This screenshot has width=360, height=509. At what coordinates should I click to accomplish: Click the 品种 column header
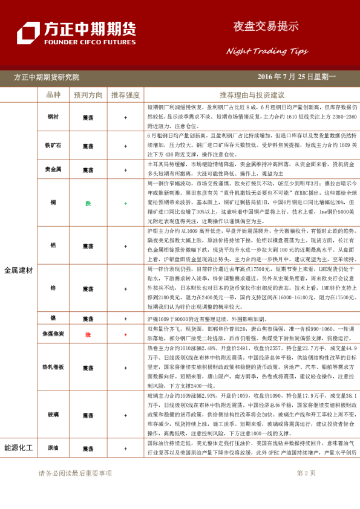coord(53,95)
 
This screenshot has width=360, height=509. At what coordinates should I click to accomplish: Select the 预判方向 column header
coord(88,95)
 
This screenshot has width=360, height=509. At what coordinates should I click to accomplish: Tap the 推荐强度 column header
coord(125,95)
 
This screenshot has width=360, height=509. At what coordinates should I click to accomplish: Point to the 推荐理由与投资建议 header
coord(252,95)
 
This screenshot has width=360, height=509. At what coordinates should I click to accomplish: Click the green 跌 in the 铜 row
coord(88,204)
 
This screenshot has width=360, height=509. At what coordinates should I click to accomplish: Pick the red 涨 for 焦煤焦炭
coord(88,334)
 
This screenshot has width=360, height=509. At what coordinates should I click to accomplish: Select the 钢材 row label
coord(53,116)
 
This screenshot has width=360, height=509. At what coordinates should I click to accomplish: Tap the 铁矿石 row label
coord(53,146)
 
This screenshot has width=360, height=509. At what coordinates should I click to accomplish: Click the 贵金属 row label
coord(53,170)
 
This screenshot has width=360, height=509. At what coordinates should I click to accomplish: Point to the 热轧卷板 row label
coord(53,367)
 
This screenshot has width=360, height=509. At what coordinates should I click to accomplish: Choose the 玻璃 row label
coord(53,415)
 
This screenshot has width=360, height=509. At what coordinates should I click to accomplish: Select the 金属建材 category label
coord(18,270)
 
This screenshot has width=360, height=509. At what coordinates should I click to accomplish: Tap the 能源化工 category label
coord(18,448)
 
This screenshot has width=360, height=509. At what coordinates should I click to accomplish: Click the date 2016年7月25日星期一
coord(296,77)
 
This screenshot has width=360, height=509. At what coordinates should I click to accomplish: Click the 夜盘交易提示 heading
coord(266,27)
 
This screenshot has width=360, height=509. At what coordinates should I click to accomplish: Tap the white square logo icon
coord(28,33)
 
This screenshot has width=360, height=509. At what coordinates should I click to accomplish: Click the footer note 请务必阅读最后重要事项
coord(75,473)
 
